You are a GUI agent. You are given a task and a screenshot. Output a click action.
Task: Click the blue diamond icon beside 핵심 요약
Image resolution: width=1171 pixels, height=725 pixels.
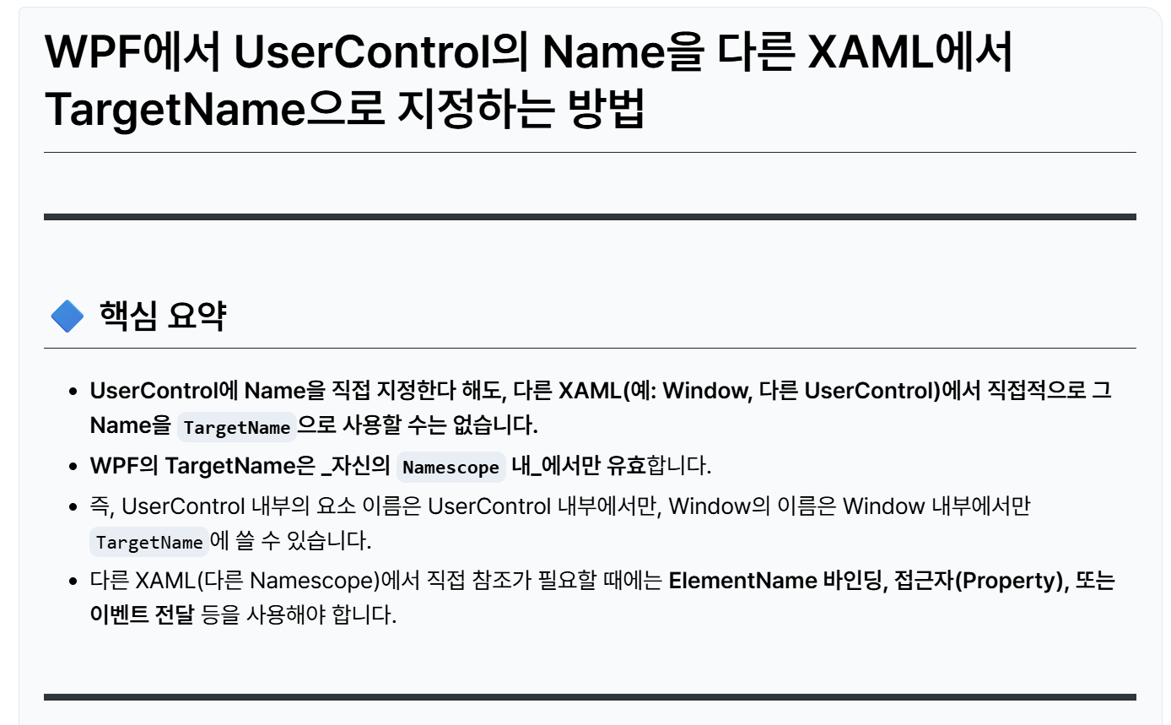click(x=67, y=317)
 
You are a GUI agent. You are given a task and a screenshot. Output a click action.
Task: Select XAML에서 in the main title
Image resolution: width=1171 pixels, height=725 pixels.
click(x=909, y=52)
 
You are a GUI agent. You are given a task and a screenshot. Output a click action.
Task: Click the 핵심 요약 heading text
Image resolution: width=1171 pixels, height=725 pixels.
click(x=162, y=317)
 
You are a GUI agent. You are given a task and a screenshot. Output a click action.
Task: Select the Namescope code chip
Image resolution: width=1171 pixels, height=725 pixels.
click(x=451, y=467)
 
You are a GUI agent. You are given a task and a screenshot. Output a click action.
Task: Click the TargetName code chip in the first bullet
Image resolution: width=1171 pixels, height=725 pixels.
click(x=236, y=427)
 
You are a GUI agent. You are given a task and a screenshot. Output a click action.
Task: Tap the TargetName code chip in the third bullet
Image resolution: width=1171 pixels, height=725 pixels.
click(x=149, y=542)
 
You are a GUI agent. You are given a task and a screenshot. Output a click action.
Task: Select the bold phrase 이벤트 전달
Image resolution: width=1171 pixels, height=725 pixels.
click(x=143, y=615)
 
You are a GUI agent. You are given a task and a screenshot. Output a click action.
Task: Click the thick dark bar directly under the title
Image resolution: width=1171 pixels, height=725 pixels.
click(x=590, y=217)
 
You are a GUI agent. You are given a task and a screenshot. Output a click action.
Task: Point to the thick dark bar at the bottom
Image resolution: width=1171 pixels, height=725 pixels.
click(x=590, y=697)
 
